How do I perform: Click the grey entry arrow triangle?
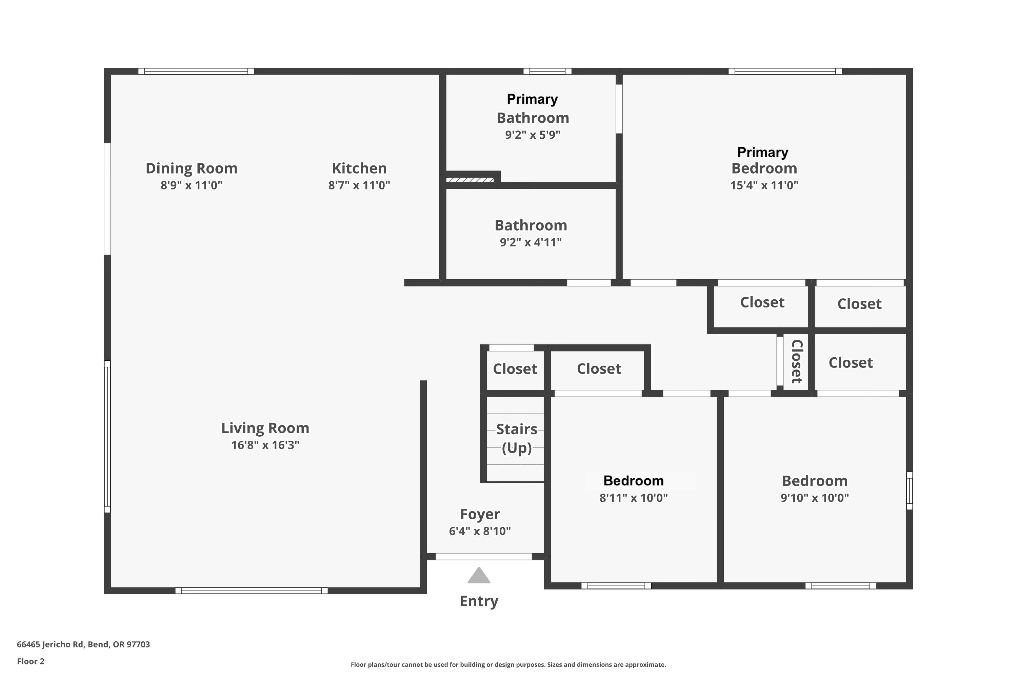tap(479, 576)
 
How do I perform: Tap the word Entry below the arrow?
tap(479, 601)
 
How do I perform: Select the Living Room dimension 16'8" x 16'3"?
tap(265, 445)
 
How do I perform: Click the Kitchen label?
tap(359, 168)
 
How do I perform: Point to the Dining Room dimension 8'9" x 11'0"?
tap(191, 185)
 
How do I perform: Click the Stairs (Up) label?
tap(516, 438)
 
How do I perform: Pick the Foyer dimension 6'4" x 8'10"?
tap(480, 531)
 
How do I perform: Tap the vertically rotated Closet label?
tap(796, 361)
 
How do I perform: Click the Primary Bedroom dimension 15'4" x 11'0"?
tap(764, 185)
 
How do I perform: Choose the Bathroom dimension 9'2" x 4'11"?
tap(531, 242)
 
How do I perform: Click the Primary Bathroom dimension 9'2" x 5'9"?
tap(532, 135)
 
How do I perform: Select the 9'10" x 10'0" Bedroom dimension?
tap(814, 498)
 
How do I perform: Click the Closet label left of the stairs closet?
tap(515, 369)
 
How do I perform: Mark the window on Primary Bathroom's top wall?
tap(547, 71)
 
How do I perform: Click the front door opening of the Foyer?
tap(483, 557)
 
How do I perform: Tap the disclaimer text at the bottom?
tap(508, 664)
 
